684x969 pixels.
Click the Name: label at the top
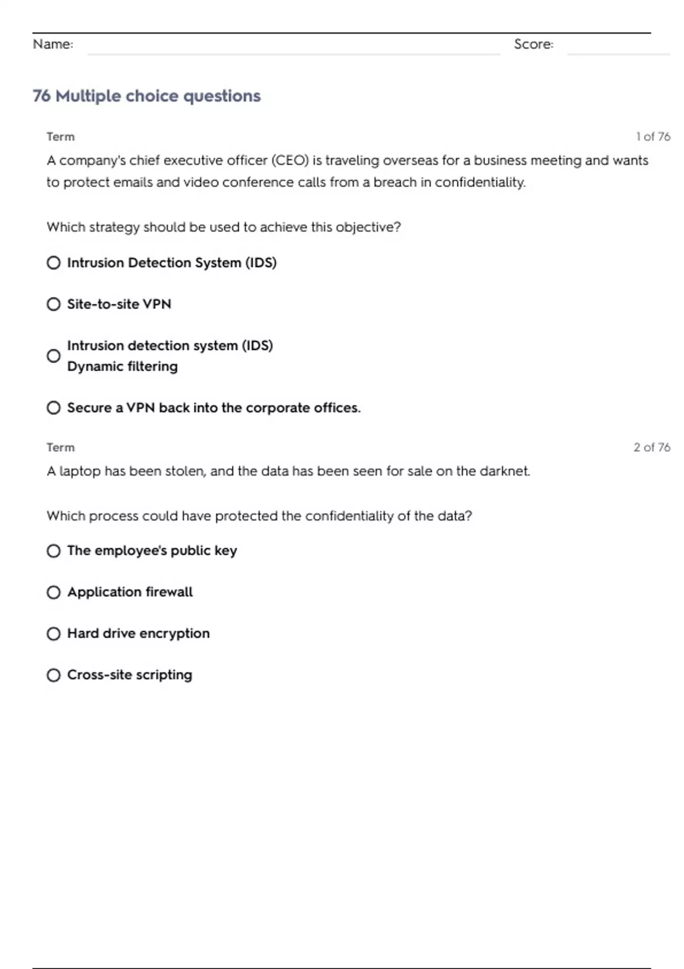(x=53, y=44)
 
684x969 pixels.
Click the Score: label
(x=534, y=44)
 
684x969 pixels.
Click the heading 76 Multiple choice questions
(x=146, y=96)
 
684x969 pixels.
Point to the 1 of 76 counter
(x=653, y=137)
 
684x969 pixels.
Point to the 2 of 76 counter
(x=652, y=447)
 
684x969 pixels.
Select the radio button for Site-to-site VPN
(x=54, y=304)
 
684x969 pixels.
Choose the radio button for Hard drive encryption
(x=54, y=634)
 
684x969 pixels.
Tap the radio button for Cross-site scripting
(x=54, y=675)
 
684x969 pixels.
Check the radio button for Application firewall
(x=54, y=593)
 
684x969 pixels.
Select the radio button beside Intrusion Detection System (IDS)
(x=54, y=263)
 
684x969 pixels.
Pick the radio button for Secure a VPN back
(x=54, y=408)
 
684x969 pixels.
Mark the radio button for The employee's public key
(x=54, y=551)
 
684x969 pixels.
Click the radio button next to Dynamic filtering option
(x=54, y=356)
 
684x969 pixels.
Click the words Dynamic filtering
(x=123, y=367)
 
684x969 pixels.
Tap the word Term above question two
(x=60, y=447)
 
